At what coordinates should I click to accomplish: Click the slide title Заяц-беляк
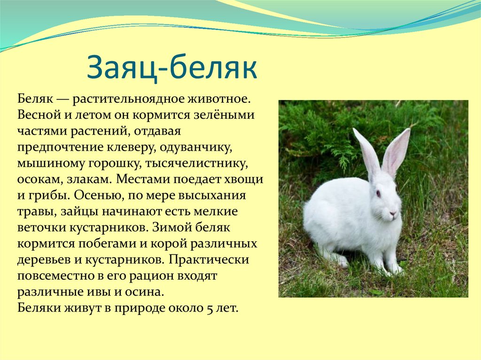coord(172,68)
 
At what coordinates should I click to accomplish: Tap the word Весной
coord(39,115)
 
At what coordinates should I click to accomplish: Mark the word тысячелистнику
coord(196,163)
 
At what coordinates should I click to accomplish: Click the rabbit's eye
coord(378,193)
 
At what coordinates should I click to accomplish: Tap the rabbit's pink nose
coord(392,213)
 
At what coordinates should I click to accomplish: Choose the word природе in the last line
coord(140,308)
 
